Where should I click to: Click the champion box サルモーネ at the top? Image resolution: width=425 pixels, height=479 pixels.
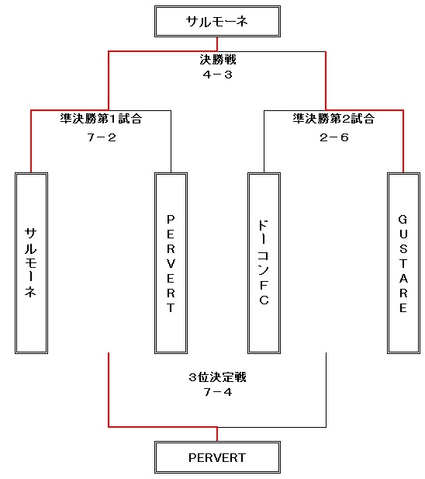217,22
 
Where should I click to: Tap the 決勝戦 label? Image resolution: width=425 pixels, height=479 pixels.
218,60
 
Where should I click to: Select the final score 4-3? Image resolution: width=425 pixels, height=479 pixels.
217,75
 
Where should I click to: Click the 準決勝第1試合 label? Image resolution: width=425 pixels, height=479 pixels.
101,119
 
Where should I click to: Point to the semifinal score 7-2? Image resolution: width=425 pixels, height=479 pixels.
102,137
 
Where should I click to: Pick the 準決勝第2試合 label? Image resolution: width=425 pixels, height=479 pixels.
333,119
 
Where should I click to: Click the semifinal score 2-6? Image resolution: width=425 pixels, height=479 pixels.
334,137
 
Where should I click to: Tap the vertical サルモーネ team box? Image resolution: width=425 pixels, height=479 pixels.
32,263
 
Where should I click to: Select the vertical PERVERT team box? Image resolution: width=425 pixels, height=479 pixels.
171,263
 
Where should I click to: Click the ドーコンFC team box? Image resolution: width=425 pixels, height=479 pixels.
264,263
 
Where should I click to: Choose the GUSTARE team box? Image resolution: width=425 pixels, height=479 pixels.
403,263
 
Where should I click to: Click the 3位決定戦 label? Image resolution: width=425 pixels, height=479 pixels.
217,377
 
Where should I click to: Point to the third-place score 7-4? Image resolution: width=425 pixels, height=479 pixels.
217,392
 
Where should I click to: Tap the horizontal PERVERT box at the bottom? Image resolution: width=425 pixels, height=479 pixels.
217,457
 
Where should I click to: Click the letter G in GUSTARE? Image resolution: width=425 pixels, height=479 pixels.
403,220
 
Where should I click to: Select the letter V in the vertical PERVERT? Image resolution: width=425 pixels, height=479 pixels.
171,263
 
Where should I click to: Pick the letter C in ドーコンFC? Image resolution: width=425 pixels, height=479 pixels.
264,300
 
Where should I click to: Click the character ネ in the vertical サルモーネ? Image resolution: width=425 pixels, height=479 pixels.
31,292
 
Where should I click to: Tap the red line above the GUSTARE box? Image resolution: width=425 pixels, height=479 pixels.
403,141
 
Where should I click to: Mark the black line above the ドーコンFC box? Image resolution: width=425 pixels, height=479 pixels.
264,141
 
